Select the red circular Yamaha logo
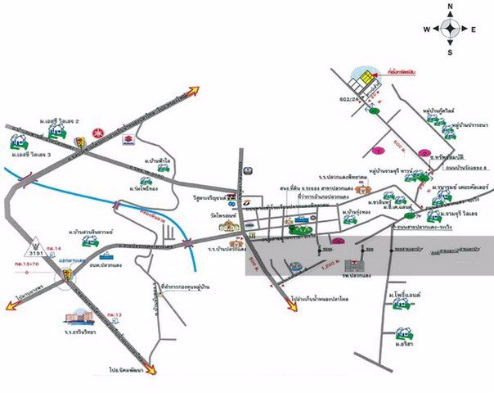coord(98,132)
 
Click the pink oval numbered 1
coord(379,151)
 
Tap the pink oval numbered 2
coord(424,151)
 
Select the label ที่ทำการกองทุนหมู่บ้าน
coord(194,287)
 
